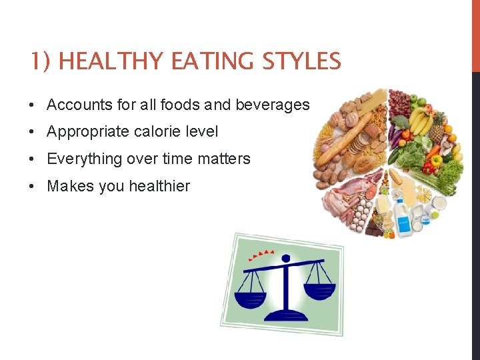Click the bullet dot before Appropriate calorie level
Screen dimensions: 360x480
(x=32, y=132)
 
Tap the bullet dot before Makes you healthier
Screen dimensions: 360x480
(x=32, y=186)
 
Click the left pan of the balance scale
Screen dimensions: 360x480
(x=250, y=297)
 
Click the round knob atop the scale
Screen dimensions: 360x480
(x=286, y=258)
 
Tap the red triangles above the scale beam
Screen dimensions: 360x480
(x=261, y=254)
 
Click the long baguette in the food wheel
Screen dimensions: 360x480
(x=344, y=139)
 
